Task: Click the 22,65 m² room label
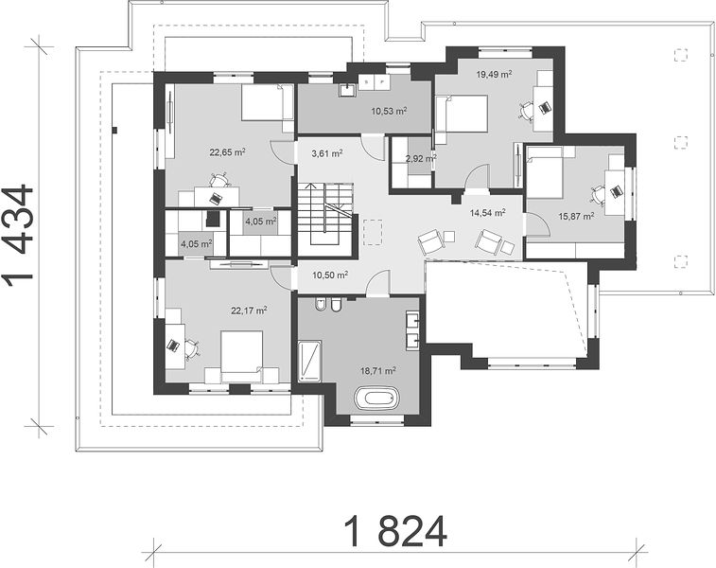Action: [228, 152]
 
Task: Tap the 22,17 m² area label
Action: [249, 311]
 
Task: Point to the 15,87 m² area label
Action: [577, 216]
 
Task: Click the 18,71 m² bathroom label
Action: [378, 370]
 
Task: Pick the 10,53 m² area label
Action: [389, 111]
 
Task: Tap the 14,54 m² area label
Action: [488, 212]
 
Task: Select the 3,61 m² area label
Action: [327, 153]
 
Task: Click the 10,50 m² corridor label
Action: [331, 275]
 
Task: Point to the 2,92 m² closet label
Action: [421, 158]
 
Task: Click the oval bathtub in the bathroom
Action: [377, 398]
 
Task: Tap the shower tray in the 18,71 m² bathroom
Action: [309, 361]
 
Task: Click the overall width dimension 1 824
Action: [395, 531]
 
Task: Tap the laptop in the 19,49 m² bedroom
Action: [544, 107]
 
